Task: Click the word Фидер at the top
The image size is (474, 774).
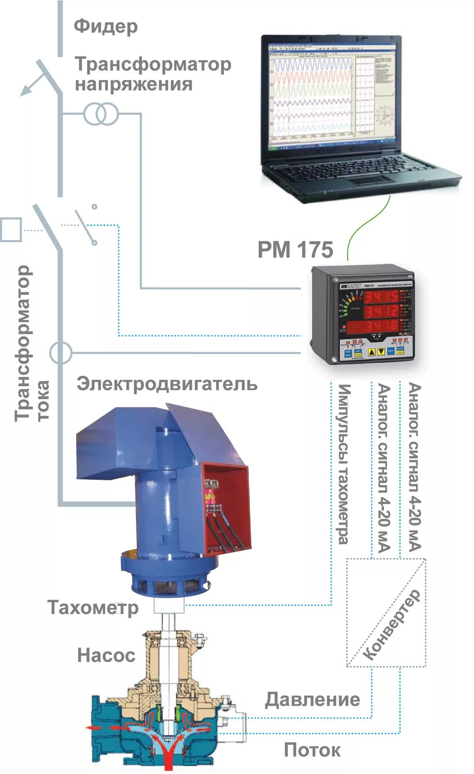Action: (106, 26)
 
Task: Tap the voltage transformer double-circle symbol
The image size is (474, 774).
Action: (101, 114)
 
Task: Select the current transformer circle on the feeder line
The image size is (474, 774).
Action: (61, 352)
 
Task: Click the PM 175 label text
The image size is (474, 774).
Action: (295, 250)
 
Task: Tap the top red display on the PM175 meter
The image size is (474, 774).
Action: (381, 297)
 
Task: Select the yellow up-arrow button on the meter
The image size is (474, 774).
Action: (372, 351)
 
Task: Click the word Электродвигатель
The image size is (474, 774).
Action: (167, 384)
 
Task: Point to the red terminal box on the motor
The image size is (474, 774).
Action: (226, 504)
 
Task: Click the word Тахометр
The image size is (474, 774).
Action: (93, 608)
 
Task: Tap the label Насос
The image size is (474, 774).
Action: (106, 655)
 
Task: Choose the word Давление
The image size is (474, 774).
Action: (313, 699)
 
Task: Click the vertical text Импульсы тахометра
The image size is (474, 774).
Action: (344, 464)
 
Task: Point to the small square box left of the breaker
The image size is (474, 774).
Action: (11, 229)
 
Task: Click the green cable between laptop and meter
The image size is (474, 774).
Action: (367, 226)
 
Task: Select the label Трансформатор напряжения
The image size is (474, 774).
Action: (153, 74)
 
